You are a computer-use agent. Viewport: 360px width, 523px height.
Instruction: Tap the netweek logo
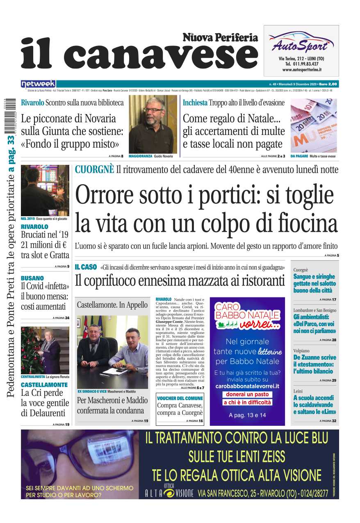click(x=38, y=84)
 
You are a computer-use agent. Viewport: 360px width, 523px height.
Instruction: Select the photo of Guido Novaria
click(x=153, y=125)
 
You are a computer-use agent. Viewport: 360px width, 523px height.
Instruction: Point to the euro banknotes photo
click(x=313, y=126)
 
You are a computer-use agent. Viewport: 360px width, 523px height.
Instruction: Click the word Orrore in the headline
click(x=103, y=195)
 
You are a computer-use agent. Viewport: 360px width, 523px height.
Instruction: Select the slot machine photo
click(x=45, y=190)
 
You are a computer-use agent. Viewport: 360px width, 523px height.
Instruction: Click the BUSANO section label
click(x=32, y=278)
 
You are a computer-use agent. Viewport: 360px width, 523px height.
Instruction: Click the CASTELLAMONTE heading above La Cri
click(x=44, y=385)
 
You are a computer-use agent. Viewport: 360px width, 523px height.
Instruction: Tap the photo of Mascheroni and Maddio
click(x=112, y=352)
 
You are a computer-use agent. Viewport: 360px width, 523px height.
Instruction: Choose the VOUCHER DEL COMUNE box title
click(x=180, y=398)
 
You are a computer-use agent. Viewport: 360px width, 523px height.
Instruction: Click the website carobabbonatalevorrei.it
click(x=247, y=386)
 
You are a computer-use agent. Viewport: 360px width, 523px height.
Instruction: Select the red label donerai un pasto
click(x=247, y=394)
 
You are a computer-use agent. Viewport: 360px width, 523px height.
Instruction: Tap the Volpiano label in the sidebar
click(x=301, y=351)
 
